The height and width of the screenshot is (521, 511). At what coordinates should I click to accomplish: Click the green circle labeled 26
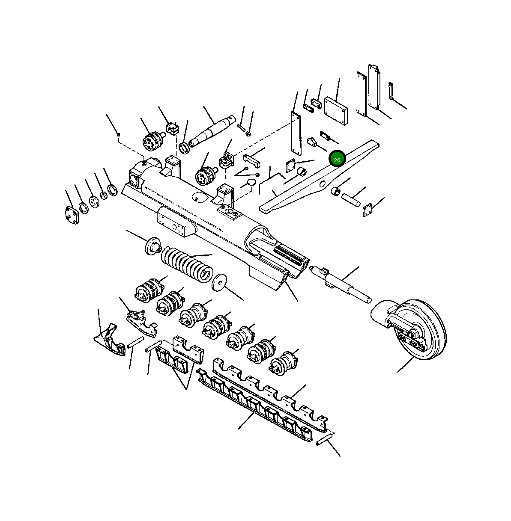pyautogui.click(x=337, y=159)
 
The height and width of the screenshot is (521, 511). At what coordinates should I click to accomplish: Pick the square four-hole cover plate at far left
pyautogui.click(x=72, y=215)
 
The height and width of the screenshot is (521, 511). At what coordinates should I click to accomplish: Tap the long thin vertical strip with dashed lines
pyautogui.click(x=295, y=133)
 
